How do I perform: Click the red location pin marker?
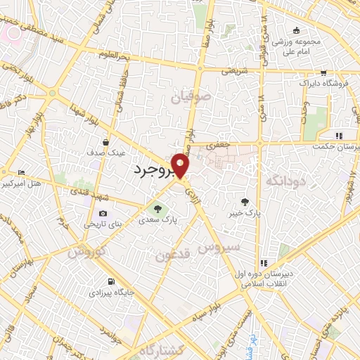point(181,165)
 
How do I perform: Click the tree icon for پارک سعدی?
point(157,208)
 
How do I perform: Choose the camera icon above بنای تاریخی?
point(103,214)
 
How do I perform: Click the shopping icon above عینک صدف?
point(105,142)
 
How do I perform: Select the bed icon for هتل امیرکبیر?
point(21,172)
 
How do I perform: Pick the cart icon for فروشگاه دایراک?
point(323,72)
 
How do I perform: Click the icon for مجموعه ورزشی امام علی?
point(297,30)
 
